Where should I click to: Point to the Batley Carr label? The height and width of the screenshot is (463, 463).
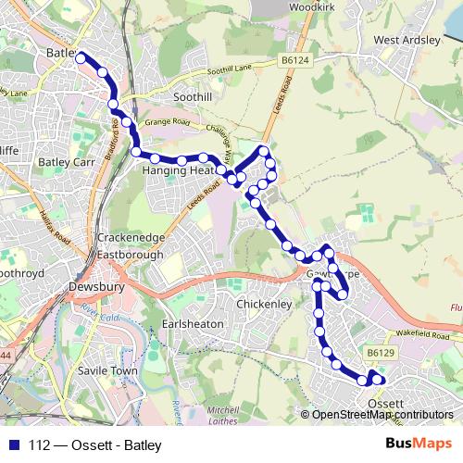(x=60, y=161)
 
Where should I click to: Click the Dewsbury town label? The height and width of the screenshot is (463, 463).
(x=96, y=288)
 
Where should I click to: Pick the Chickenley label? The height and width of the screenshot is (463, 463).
(x=264, y=303)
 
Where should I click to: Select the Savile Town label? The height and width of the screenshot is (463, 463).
(x=109, y=371)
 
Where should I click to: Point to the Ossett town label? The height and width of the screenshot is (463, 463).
(x=384, y=405)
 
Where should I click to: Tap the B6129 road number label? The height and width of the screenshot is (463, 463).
(x=380, y=352)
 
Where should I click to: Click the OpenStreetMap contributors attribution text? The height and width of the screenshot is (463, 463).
(x=382, y=414)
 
